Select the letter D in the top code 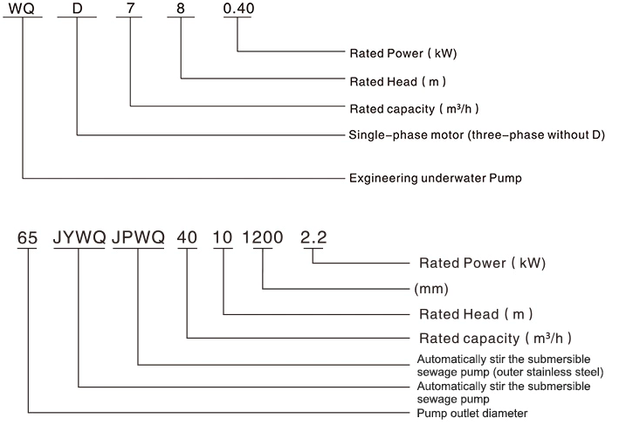coord(77,10)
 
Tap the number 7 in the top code coord(131,10)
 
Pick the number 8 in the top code coord(182,10)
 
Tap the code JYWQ coord(79,236)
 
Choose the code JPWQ coord(138,236)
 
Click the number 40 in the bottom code coord(188,236)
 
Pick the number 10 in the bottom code coord(224,236)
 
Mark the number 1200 coord(263,236)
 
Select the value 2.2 coord(313,236)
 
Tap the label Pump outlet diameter coord(472,412)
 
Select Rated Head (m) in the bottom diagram coord(477,312)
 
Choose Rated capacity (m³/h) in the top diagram coord(415,109)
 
